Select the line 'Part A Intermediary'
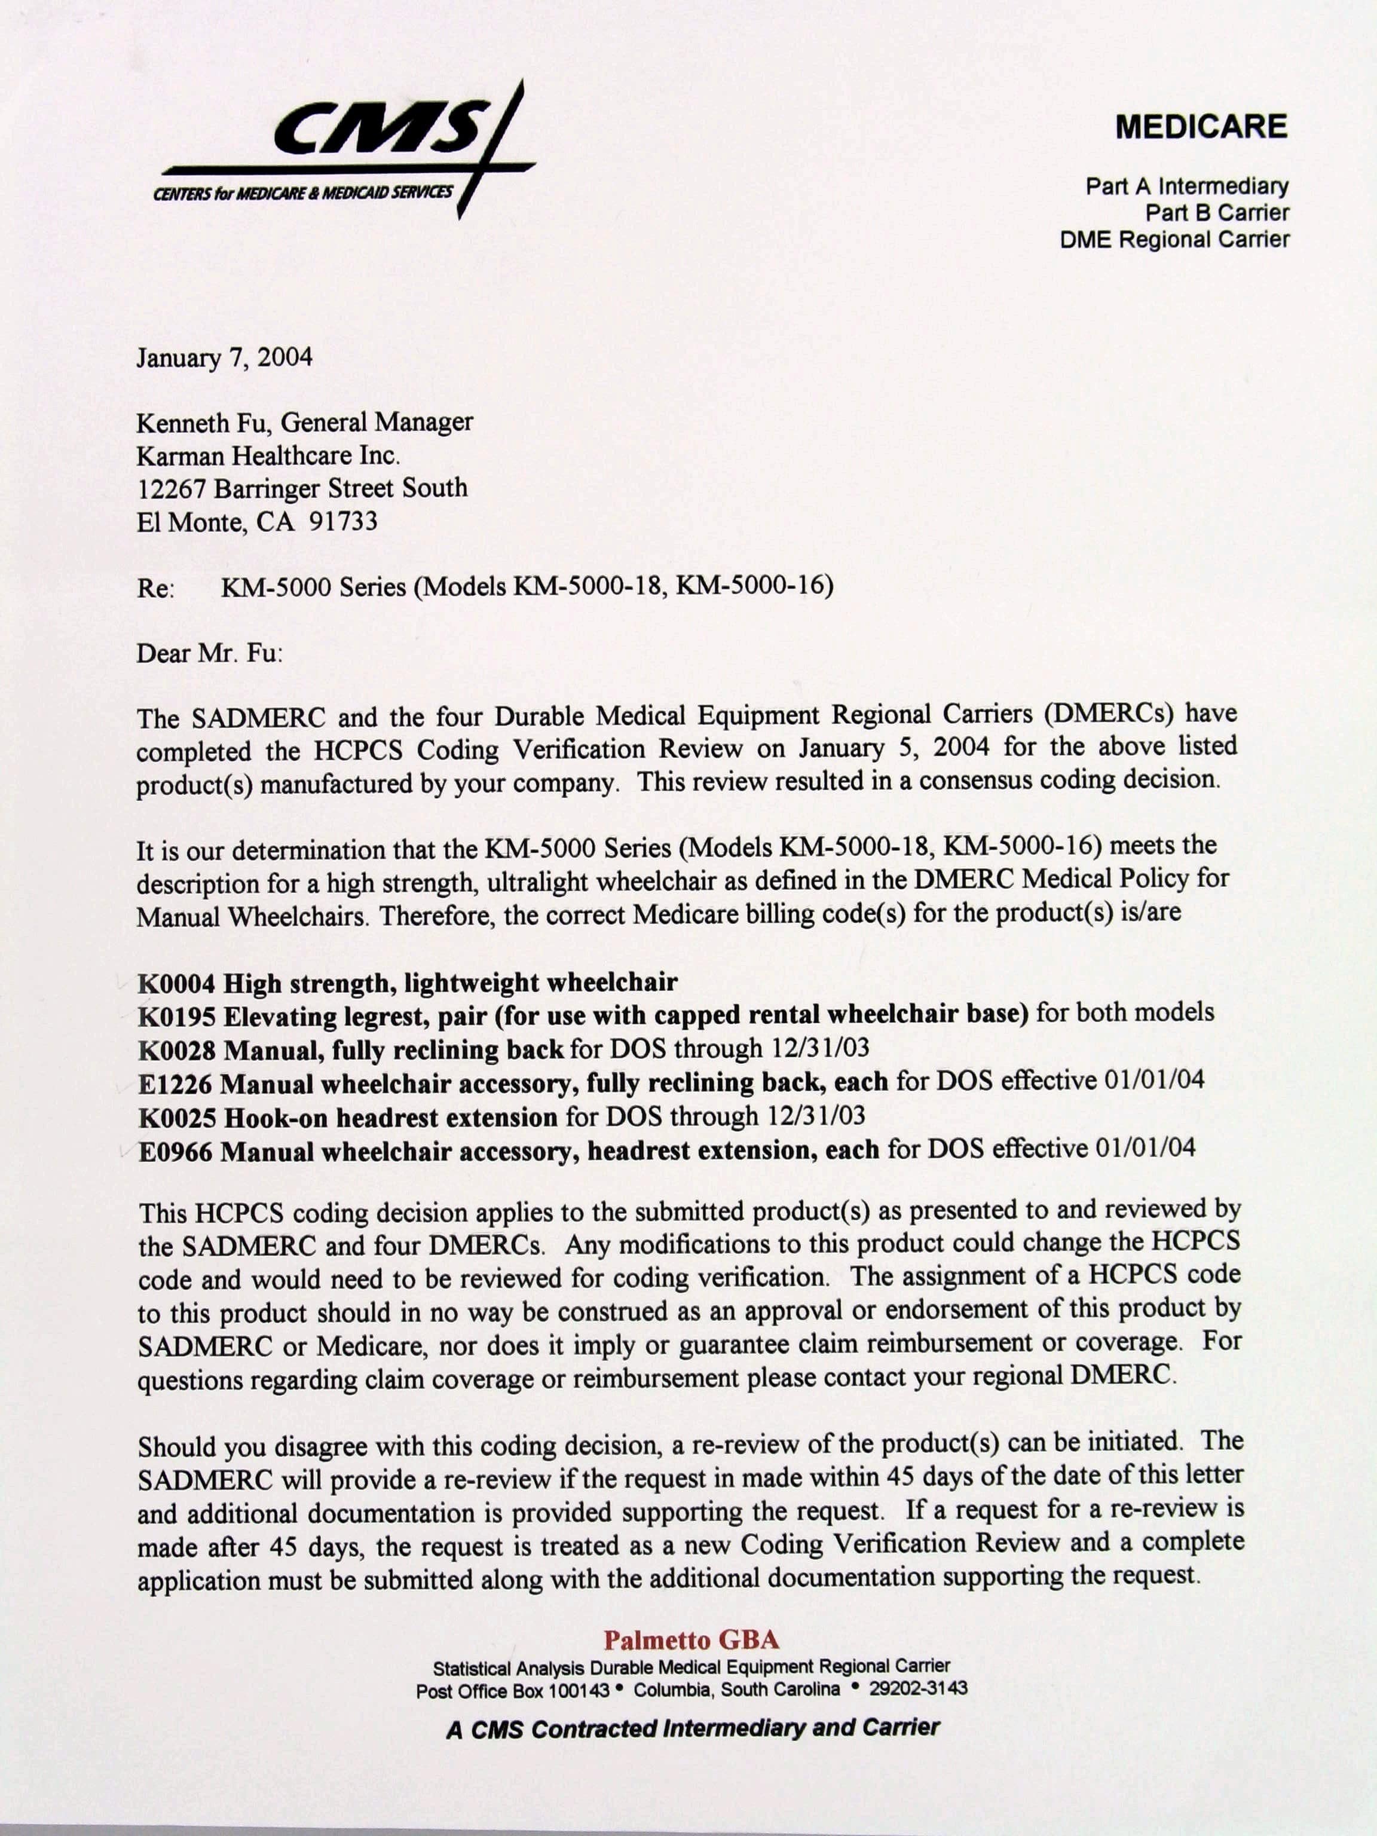[x=1186, y=186]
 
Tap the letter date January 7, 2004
[x=224, y=358]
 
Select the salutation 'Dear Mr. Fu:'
[x=209, y=653]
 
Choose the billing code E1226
[x=175, y=1084]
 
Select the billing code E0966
[x=175, y=1152]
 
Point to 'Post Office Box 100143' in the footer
[x=512, y=1690]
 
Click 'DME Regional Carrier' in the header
[x=1174, y=240]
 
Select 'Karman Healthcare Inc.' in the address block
[x=268, y=455]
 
